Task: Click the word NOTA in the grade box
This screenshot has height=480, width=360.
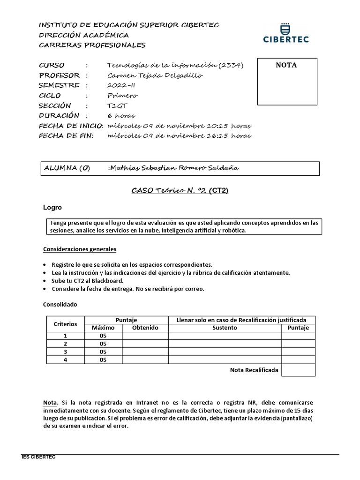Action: point(286,65)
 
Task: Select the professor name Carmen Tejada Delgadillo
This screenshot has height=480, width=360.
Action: point(149,75)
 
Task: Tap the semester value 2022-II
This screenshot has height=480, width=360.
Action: point(121,85)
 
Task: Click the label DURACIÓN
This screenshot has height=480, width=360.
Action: point(59,115)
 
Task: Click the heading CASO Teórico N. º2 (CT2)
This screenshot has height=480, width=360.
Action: point(180,191)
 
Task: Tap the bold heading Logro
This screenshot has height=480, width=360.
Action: point(52,207)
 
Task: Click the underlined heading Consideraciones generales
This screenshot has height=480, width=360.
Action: point(80,249)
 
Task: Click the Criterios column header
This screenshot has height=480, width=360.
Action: point(65,324)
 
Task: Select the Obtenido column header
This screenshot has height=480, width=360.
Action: point(145,328)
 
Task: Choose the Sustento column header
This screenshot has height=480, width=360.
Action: point(225,328)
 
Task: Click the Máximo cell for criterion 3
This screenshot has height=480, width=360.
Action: point(103,352)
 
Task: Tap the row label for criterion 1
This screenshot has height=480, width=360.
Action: point(65,336)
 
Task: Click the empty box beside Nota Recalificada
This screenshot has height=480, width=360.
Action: point(298,370)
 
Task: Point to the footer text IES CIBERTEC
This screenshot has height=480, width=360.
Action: point(39,457)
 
